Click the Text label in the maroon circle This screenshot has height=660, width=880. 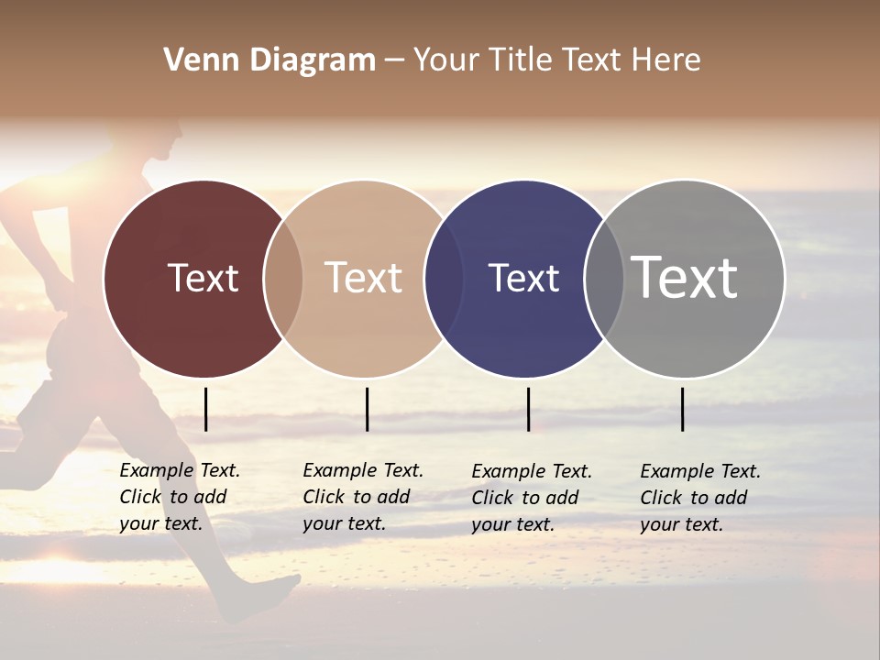[x=203, y=278]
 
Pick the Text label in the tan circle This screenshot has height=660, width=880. [x=364, y=278]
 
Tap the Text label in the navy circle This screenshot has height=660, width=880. [x=523, y=278]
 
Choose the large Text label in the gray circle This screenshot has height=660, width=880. [x=685, y=278]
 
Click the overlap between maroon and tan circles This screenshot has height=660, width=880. [x=283, y=279]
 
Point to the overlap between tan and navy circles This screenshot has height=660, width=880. [x=444, y=279]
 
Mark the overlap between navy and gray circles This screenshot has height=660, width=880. [x=604, y=279]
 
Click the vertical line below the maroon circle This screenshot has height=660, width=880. [x=205, y=409]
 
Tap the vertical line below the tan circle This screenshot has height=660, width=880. [x=367, y=409]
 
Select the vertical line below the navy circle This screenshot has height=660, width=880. [x=528, y=409]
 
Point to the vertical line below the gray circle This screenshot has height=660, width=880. [x=682, y=409]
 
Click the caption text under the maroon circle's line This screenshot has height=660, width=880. [x=179, y=497]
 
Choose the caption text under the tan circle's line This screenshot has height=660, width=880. [x=362, y=497]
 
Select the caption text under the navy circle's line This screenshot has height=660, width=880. [x=531, y=498]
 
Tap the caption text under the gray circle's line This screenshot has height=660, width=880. [x=699, y=498]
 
